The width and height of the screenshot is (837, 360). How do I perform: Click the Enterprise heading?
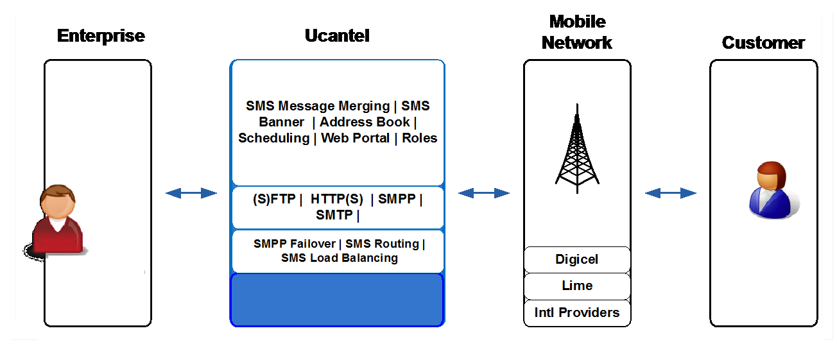pos(101,36)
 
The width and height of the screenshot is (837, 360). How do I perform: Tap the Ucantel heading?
pos(337,36)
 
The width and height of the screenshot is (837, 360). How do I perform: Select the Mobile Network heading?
pos(577,32)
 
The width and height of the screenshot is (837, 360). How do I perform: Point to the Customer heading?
pos(763,42)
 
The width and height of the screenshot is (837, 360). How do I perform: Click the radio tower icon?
pos(577,149)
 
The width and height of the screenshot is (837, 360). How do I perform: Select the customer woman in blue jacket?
pos(773,190)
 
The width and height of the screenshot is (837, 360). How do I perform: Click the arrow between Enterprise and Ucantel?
pos(191,193)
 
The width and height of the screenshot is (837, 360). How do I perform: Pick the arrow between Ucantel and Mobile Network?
pos(484,193)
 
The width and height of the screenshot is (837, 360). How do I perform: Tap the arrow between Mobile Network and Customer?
pos(671,193)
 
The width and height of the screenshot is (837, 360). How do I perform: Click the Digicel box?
pos(577,259)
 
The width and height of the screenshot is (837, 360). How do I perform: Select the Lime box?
pos(577,286)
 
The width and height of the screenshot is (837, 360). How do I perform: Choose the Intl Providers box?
pos(577,313)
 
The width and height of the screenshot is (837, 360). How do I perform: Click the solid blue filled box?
pos(337,300)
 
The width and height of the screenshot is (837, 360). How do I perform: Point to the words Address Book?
pos(365,122)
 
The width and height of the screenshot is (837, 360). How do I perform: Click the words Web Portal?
pos(356,138)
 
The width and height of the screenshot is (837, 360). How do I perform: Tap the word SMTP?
pos(334,215)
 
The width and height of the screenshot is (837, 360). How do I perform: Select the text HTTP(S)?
pos(337,199)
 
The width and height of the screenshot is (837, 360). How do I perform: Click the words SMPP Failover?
pos(295,244)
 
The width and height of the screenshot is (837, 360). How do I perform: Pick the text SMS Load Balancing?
pos(340,258)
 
